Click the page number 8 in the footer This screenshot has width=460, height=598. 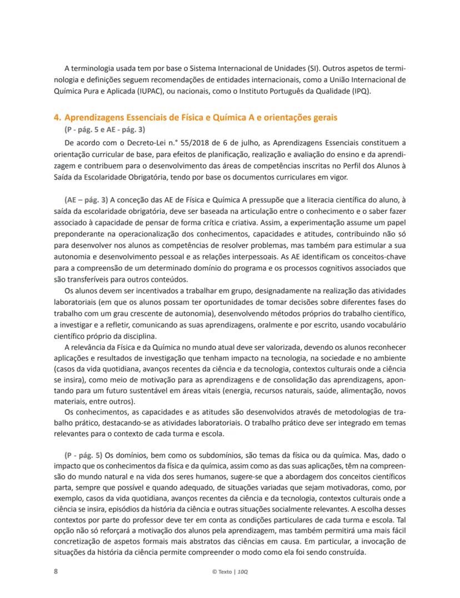tap(55, 571)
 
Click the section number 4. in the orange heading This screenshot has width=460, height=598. tap(57, 118)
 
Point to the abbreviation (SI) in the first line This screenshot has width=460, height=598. tap(315, 69)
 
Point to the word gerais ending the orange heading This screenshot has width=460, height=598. tap(323, 118)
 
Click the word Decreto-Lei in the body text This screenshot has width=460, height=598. tap(122, 142)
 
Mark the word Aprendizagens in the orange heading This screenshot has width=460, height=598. tap(96, 118)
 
